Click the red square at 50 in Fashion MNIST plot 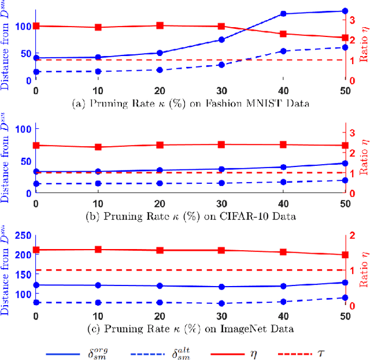345,38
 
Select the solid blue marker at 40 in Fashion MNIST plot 283,13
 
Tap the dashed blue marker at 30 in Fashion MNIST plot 221,65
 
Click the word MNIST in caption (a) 253,103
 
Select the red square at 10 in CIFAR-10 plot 98,147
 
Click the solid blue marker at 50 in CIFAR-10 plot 345,164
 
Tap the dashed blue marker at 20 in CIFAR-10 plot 160,183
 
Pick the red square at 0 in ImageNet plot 36,250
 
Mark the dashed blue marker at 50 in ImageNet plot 345,298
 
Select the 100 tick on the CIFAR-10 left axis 23,129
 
